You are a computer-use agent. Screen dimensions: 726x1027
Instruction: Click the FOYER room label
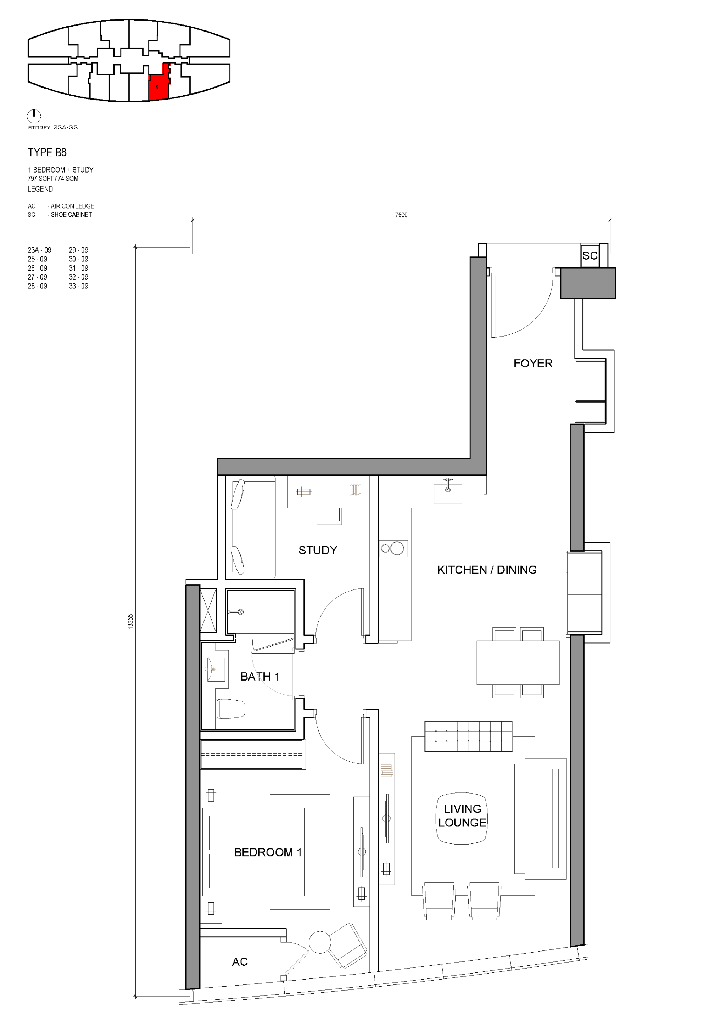[x=533, y=363]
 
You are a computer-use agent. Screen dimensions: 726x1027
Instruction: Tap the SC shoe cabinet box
[x=590, y=255]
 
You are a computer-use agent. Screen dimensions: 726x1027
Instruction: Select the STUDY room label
[x=318, y=550]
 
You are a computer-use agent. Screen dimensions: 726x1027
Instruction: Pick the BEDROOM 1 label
[x=268, y=852]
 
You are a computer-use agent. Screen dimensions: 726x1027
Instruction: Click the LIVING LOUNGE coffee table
[x=462, y=818]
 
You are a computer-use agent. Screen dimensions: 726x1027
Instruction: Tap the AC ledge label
[x=240, y=962]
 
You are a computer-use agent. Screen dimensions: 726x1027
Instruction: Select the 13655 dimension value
[x=130, y=622]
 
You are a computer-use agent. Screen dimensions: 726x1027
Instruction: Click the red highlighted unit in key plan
[x=159, y=83]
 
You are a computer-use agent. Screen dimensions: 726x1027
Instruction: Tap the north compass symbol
[x=34, y=116]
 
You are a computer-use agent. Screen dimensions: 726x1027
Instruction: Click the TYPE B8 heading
[x=47, y=153]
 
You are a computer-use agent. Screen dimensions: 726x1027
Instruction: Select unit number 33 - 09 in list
[x=78, y=286]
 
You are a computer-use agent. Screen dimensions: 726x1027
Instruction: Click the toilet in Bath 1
[x=230, y=709]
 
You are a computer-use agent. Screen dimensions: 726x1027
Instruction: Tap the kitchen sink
[x=448, y=492]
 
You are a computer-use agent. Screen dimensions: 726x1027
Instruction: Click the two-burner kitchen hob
[x=393, y=548]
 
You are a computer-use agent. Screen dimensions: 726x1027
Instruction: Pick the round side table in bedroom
[x=320, y=942]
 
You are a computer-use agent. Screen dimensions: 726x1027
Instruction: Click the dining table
[x=518, y=662]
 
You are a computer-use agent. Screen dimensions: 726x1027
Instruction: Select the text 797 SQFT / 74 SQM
[x=53, y=179]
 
